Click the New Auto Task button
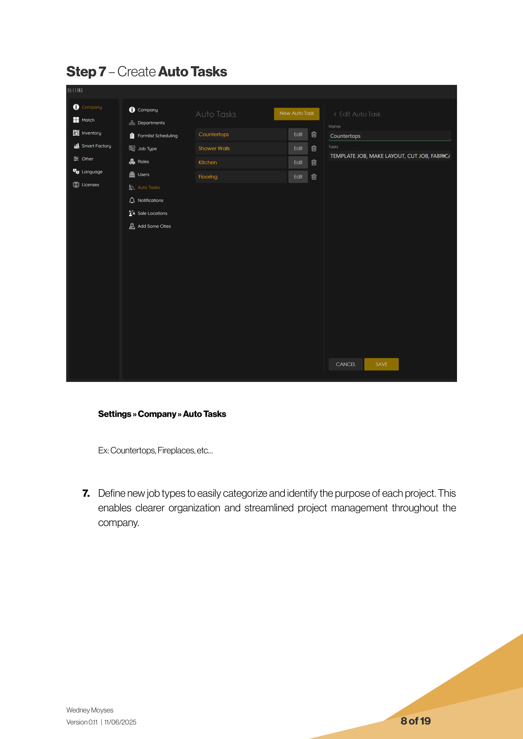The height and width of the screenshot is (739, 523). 296,114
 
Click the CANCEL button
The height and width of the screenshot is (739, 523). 345,364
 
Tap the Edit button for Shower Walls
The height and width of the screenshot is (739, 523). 298,148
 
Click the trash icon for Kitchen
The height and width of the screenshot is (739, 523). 314,163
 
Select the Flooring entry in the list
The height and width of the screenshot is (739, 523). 208,177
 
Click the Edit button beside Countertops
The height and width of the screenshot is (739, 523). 298,134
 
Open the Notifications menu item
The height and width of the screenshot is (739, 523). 150,200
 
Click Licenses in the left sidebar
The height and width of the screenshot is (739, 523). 90,184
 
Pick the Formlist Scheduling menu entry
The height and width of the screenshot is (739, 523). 157,135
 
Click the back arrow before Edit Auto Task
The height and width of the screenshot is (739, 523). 335,114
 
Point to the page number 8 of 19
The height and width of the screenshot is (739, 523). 415,721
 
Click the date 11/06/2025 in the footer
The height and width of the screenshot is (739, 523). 120,722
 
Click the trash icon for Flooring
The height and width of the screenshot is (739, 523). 314,177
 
